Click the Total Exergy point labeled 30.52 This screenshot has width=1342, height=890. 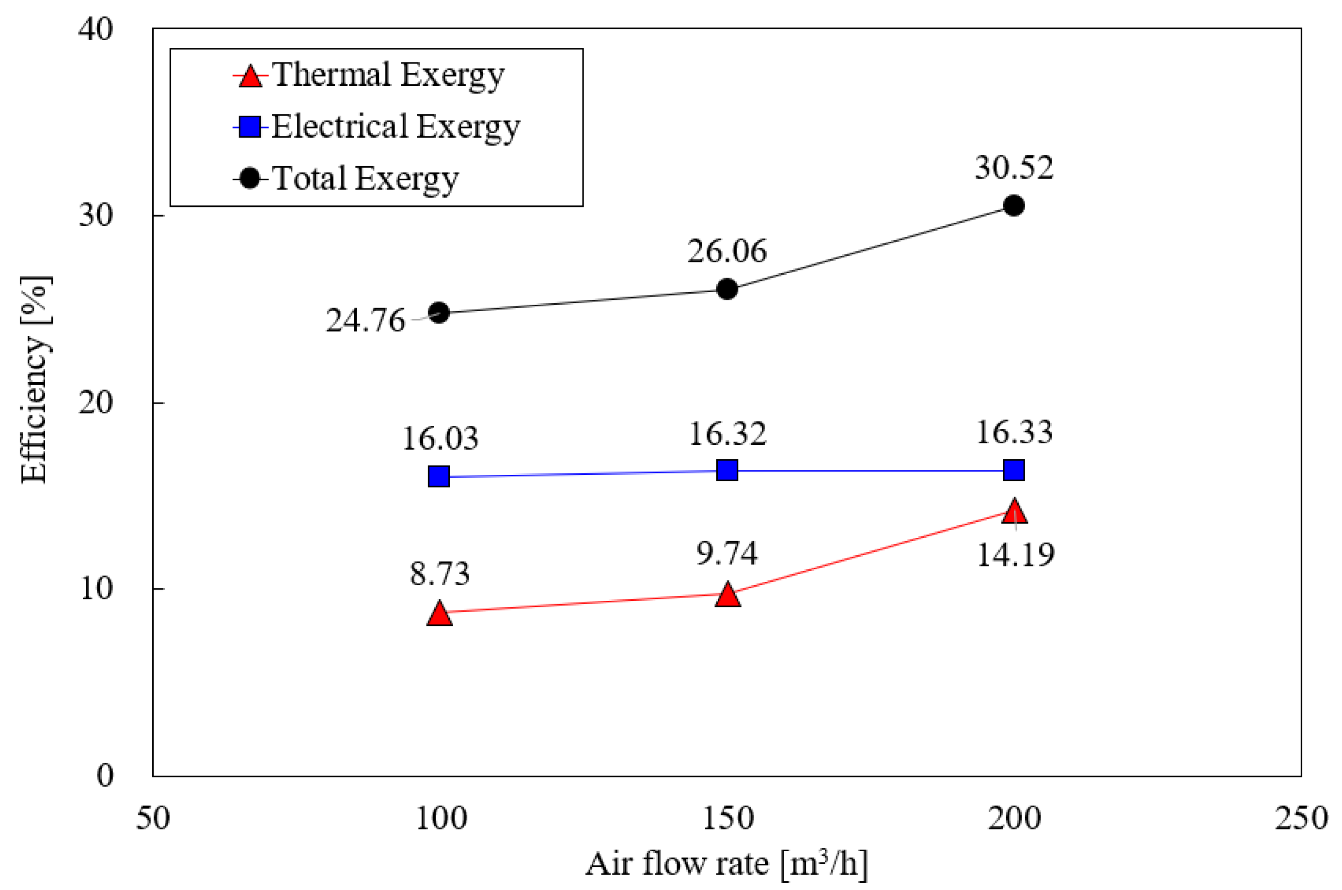1013,205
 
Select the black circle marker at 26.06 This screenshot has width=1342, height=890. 726,289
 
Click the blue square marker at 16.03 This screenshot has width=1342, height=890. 439,476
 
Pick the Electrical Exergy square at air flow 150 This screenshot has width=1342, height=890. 726,470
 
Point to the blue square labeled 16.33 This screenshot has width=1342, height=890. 1013,470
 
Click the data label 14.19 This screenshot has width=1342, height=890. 1015,555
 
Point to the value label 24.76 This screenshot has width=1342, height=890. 365,321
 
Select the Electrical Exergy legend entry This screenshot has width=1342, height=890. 395,126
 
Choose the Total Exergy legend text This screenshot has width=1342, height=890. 365,179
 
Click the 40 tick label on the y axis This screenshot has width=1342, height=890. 95,29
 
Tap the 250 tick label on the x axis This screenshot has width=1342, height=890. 1300,818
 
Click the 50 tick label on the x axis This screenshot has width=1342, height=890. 153,818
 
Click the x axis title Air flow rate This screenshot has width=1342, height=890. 726,864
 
